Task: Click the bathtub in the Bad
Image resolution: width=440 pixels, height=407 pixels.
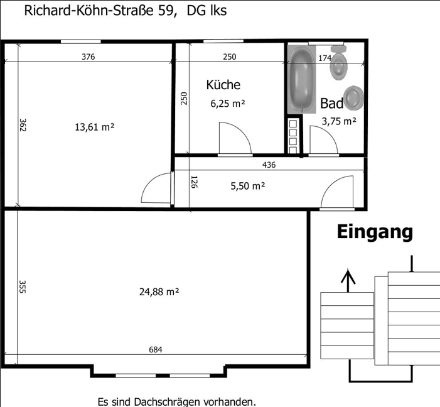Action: point(301,79)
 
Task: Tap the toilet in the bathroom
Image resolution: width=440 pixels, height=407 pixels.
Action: point(340,65)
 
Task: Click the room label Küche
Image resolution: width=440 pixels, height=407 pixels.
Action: point(223,85)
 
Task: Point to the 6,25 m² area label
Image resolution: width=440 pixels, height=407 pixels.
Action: point(227,104)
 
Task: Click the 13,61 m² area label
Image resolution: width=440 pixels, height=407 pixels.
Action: point(94,127)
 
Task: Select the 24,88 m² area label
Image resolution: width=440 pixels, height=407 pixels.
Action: point(159,291)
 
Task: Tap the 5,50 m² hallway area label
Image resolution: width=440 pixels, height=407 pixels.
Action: point(247,186)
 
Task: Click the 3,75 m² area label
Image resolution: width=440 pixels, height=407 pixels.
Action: point(339,122)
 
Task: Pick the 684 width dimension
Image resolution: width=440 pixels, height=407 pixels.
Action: point(156,350)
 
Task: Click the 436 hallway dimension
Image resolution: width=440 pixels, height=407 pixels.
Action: point(269,165)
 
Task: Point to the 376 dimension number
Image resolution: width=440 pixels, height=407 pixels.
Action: point(89,57)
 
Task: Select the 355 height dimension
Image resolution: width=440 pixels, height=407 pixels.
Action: point(22,286)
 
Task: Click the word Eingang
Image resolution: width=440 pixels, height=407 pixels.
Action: point(375,232)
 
